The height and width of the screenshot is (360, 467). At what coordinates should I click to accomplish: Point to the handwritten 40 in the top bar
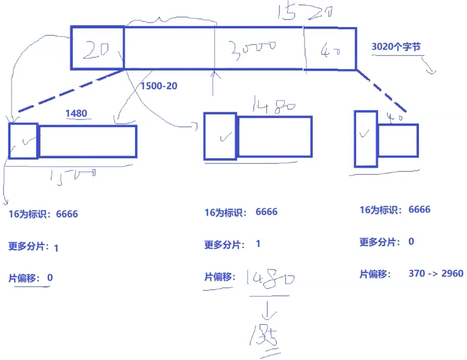(330, 49)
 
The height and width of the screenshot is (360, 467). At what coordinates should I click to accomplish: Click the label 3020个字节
(396, 46)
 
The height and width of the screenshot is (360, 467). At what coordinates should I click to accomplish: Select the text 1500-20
(159, 86)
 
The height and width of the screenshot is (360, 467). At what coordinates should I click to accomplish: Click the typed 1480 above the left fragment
(76, 113)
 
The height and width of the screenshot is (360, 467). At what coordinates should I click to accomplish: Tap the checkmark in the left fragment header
(24, 141)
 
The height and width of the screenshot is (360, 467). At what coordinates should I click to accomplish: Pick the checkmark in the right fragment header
(364, 134)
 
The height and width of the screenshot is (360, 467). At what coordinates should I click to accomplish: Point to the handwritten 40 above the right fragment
(395, 117)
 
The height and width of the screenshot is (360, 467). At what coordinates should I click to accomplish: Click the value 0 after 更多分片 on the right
(411, 242)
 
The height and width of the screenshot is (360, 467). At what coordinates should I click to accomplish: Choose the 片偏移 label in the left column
(24, 278)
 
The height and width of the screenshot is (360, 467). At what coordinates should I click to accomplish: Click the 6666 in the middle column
(266, 212)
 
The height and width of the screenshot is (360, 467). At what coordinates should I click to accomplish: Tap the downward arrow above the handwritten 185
(267, 312)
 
